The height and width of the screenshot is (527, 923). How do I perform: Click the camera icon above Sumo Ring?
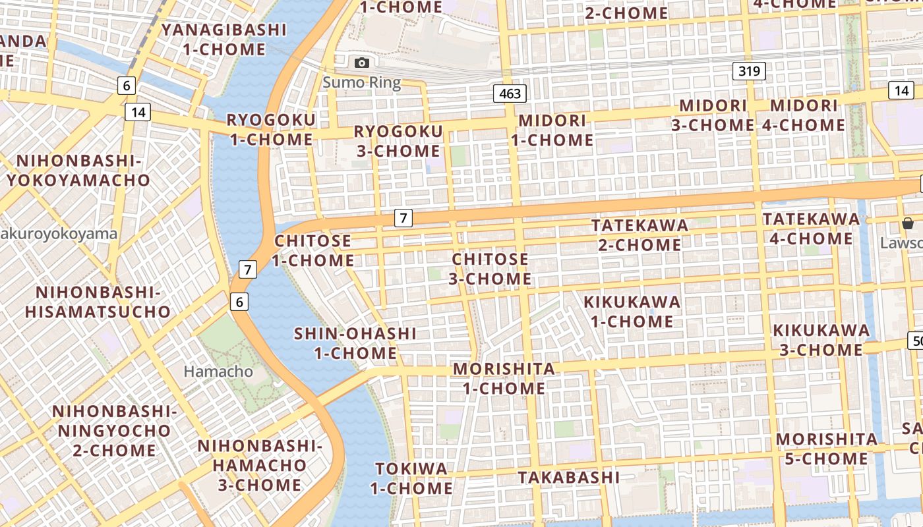361,63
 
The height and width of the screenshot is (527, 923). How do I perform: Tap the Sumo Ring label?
361,83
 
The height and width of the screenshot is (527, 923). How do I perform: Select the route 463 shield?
510,94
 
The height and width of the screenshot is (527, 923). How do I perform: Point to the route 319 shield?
750,71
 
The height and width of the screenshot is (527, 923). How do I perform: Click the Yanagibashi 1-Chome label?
224,40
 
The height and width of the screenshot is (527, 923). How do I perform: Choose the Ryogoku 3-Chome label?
398,141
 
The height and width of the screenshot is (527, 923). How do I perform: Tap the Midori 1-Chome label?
552,130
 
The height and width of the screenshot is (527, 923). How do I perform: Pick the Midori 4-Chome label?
804,115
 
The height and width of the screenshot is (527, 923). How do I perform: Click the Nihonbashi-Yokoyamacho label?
78,171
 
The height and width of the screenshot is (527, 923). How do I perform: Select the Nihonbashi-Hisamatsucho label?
98,302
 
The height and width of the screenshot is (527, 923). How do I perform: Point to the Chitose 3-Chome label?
491,269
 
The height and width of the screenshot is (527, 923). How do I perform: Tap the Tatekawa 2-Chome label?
639,235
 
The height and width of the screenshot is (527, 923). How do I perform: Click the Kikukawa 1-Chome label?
632,312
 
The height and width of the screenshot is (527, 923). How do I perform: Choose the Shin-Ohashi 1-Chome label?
355,343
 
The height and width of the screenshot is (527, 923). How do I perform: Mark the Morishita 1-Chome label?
504,378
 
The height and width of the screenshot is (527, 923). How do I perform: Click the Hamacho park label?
218,372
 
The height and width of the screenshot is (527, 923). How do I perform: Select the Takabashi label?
568,477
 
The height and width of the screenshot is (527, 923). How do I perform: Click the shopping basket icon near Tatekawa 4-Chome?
908,223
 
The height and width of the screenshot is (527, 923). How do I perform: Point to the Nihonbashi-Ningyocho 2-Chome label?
114,431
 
